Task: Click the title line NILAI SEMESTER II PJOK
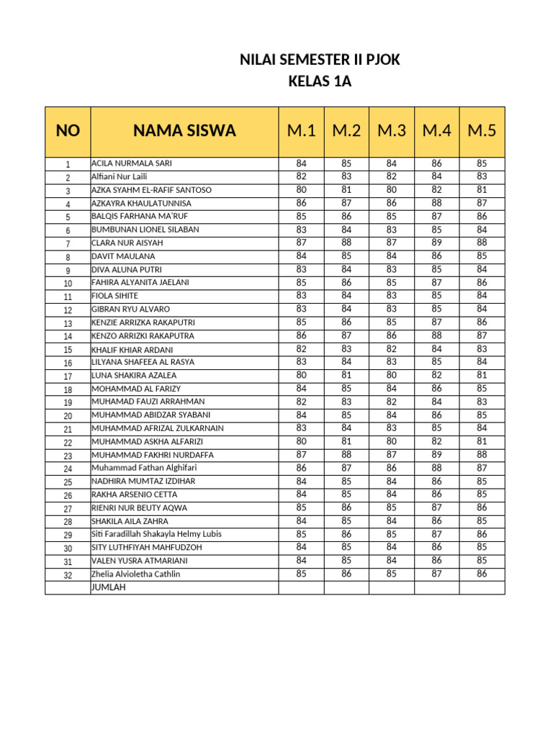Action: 319,61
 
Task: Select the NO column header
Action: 68,131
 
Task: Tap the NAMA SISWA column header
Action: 184,131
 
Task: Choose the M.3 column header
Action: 392,131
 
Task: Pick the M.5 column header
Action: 482,131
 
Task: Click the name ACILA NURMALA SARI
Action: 131,163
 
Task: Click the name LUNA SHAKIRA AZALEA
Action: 133,376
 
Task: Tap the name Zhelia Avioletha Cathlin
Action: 135,574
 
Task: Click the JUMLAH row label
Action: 108,587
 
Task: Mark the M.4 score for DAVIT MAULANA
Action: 437,256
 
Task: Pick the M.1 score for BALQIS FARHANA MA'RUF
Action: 302,216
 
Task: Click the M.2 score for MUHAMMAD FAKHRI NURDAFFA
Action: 346,454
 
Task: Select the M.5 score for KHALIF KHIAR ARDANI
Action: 482,348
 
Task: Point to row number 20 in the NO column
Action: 68,416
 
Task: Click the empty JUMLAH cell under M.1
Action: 302,587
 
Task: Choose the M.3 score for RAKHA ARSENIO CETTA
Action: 392,494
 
